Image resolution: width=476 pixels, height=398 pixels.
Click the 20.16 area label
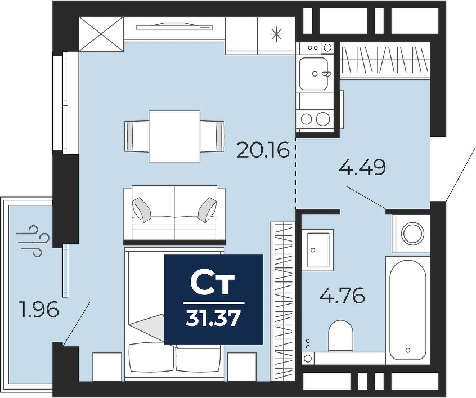[x=263, y=150]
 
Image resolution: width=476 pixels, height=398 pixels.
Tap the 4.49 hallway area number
[x=362, y=168]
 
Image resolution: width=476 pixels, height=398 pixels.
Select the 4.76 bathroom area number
[x=342, y=296]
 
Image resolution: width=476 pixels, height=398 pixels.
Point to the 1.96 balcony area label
[x=38, y=310]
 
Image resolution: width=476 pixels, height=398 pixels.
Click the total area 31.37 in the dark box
[x=213, y=319]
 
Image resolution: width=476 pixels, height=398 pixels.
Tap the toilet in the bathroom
[x=341, y=336]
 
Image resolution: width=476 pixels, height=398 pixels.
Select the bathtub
[x=408, y=310]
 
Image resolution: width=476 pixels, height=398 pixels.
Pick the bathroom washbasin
[x=318, y=249]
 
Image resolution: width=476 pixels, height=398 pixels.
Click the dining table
[x=174, y=136]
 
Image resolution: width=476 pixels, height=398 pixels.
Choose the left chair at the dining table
[x=137, y=136]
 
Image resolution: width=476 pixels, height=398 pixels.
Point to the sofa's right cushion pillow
[x=208, y=209]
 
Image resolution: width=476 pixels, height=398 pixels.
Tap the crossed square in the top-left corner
[x=101, y=34]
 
